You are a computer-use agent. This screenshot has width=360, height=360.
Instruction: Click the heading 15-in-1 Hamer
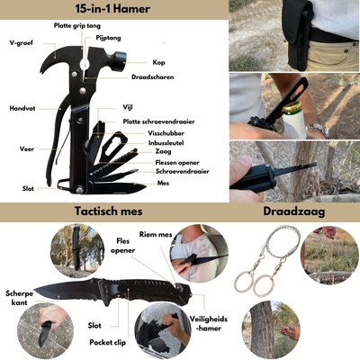tap(112, 9)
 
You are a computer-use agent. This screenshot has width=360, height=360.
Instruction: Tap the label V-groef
tap(22, 42)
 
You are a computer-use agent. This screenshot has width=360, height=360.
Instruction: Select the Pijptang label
tap(109, 39)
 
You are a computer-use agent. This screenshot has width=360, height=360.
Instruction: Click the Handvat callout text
tap(23, 109)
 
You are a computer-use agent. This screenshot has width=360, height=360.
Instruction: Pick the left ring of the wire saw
tap(244, 283)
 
